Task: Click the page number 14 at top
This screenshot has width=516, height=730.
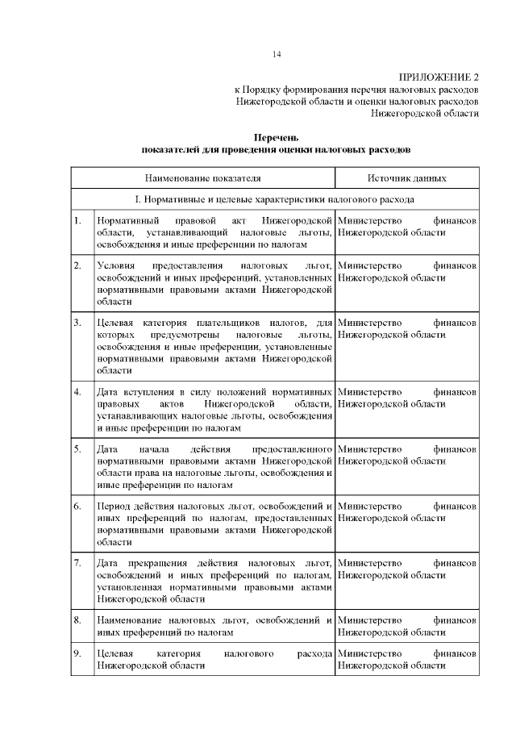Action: [277, 55]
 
